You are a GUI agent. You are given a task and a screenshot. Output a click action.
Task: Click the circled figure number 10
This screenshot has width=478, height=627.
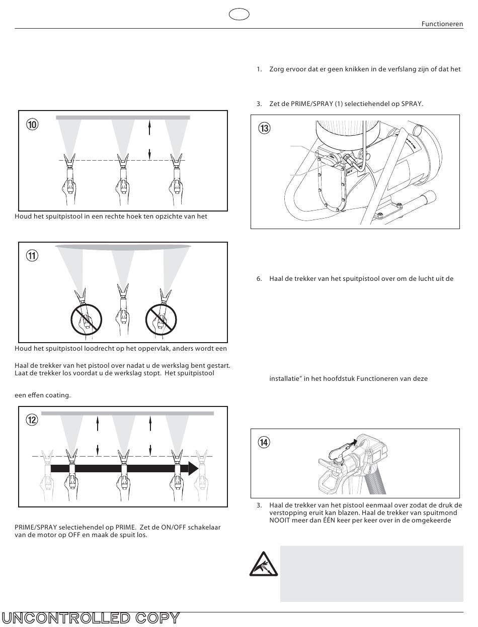(32, 125)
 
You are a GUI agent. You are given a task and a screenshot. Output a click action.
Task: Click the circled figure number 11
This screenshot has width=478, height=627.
(32, 256)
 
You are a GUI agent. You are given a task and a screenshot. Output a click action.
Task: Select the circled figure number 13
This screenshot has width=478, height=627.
(264, 128)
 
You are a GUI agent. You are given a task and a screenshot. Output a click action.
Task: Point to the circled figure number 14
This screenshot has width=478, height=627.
(264, 442)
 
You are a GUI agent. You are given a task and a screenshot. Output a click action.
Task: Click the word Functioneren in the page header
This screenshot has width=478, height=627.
(442, 24)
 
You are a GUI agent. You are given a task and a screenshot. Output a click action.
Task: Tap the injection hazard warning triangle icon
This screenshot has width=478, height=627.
(261, 564)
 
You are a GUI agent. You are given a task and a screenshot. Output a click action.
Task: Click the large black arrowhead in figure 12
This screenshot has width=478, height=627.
(193, 468)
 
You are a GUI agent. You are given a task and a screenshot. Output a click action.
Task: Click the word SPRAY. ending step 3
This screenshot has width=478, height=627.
(411, 104)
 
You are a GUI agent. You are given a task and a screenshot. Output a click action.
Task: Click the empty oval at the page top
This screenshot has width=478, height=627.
(239, 15)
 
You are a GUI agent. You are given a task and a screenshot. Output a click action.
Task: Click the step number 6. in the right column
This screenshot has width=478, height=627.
(260, 279)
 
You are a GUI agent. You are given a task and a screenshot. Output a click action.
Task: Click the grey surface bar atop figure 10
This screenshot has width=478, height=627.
(123, 118)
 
